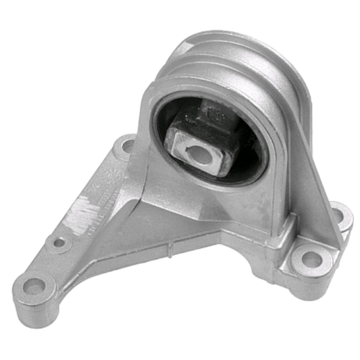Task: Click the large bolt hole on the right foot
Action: pyautogui.click(x=312, y=260)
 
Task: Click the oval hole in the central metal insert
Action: pyautogui.click(x=200, y=155)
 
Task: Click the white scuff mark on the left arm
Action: pyautogui.click(x=81, y=212)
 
